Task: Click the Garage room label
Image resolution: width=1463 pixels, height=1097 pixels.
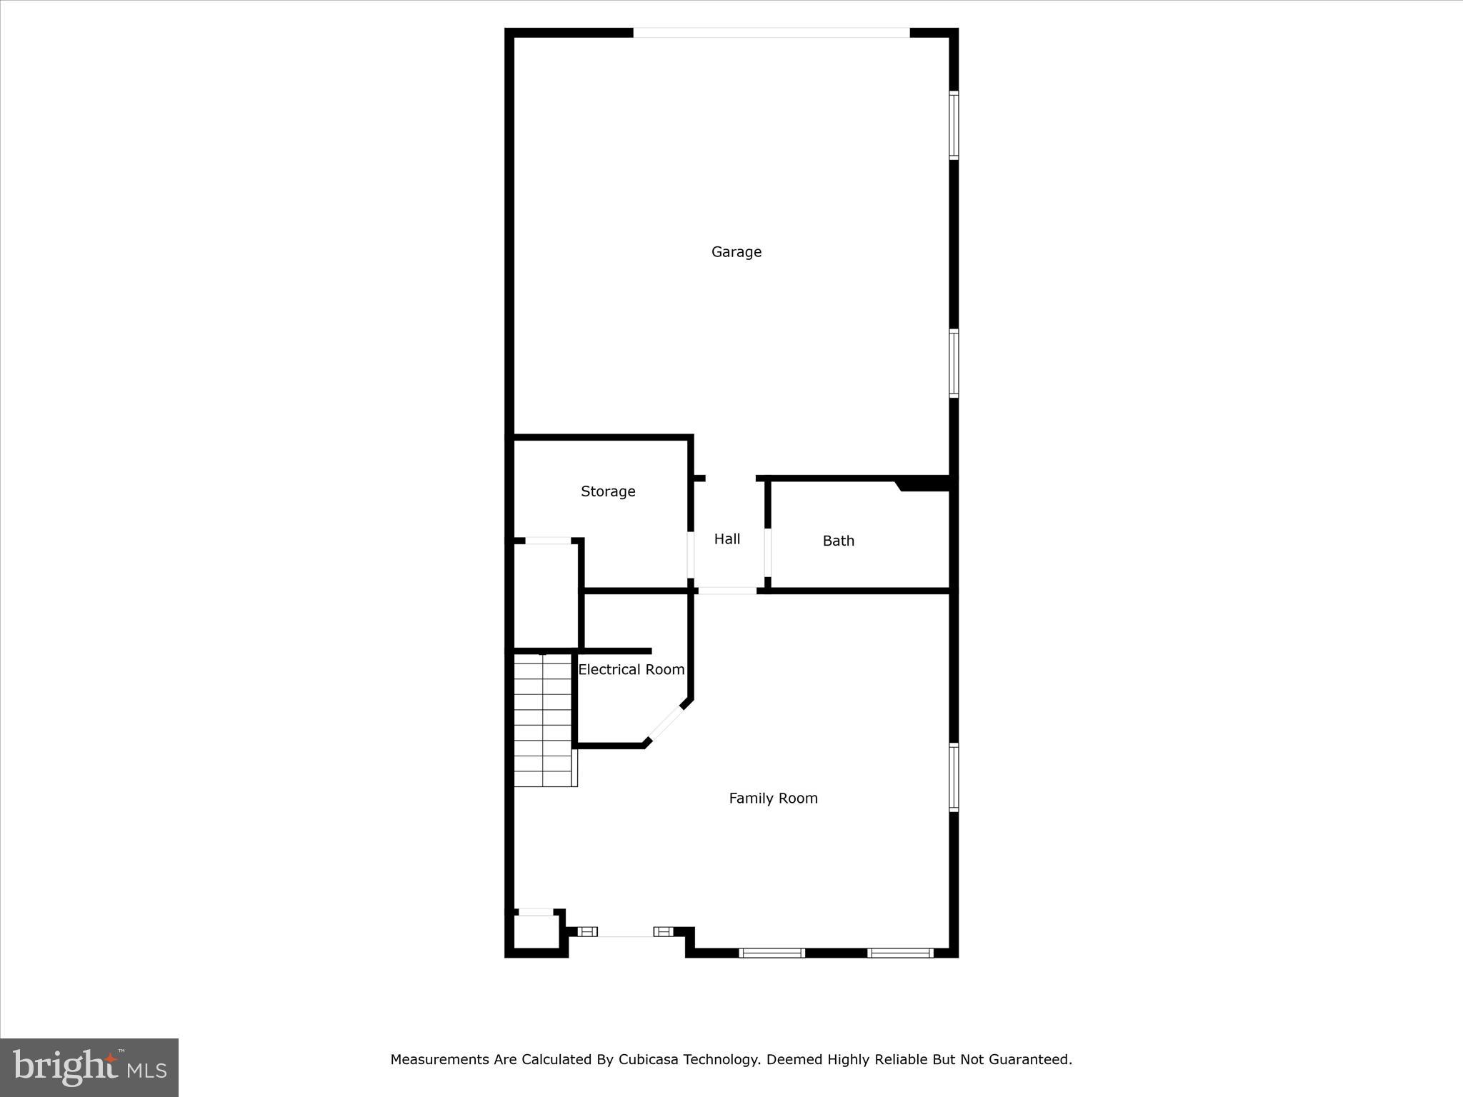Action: [x=736, y=252]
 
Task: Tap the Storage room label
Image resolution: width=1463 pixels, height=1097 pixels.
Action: [x=608, y=491]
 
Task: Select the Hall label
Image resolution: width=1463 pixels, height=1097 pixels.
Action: [x=727, y=539]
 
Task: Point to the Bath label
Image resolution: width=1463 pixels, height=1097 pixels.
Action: [x=838, y=541]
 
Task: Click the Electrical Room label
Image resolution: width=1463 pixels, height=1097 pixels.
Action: [x=631, y=670]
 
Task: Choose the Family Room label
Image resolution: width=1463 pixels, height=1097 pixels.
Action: [x=773, y=798]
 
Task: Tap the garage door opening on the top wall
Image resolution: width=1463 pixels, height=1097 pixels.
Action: [x=772, y=33]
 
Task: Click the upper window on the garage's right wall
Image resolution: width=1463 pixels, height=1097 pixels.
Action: [x=954, y=125]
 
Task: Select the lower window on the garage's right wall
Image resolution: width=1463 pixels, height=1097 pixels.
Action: [x=954, y=363]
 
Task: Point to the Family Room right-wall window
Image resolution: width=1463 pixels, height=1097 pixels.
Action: [x=954, y=777]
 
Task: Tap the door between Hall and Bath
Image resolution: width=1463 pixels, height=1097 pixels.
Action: [x=768, y=552]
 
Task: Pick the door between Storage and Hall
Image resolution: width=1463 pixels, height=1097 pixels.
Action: [x=691, y=554]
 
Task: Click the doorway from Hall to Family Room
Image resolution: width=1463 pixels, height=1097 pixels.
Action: [x=727, y=591]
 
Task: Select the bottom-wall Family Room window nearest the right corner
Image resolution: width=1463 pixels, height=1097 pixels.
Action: [x=900, y=953]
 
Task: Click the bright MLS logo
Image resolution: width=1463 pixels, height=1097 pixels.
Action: [x=89, y=1068]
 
